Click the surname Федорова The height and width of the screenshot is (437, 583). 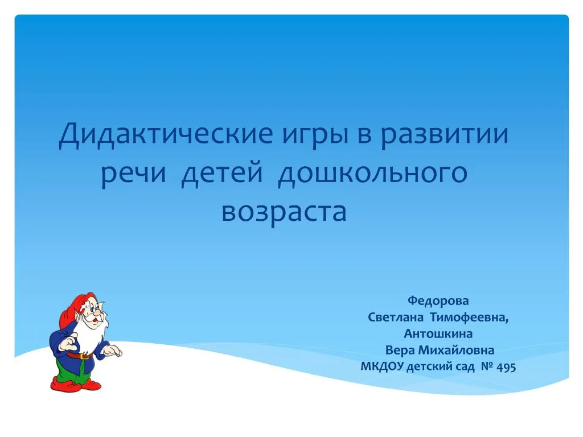click(438, 300)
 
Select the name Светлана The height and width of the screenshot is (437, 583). click(396, 318)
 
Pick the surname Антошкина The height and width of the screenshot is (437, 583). click(438, 333)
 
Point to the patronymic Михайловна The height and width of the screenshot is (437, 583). click(456, 350)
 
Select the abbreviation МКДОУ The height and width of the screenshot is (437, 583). click(382, 367)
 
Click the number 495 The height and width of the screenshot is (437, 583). click(506, 367)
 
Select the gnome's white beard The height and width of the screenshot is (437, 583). click(90, 335)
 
